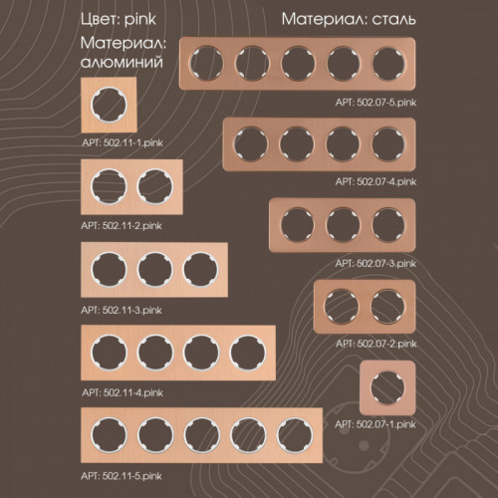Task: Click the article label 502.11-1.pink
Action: [123, 143]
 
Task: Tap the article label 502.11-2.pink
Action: [122, 226]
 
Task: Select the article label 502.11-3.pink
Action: [122, 311]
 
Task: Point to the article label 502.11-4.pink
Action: [123, 393]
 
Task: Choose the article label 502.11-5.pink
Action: [122, 476]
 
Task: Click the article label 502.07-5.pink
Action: [375, 103]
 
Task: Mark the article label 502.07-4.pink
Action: [375, 182]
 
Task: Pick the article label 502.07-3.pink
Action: [375, 264]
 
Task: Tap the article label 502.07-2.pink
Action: [376, 344]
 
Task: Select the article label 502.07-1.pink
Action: [375, 424]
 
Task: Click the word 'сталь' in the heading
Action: [393, 20]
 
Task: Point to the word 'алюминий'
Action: [122, 62]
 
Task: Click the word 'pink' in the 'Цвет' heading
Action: [140, 20]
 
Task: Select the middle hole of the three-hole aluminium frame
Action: [154, 269]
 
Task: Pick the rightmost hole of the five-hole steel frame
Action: [388, 64]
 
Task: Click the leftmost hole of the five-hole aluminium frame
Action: [109, 435]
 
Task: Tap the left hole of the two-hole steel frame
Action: [342, 306]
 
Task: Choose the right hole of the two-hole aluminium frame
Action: [154, 186]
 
